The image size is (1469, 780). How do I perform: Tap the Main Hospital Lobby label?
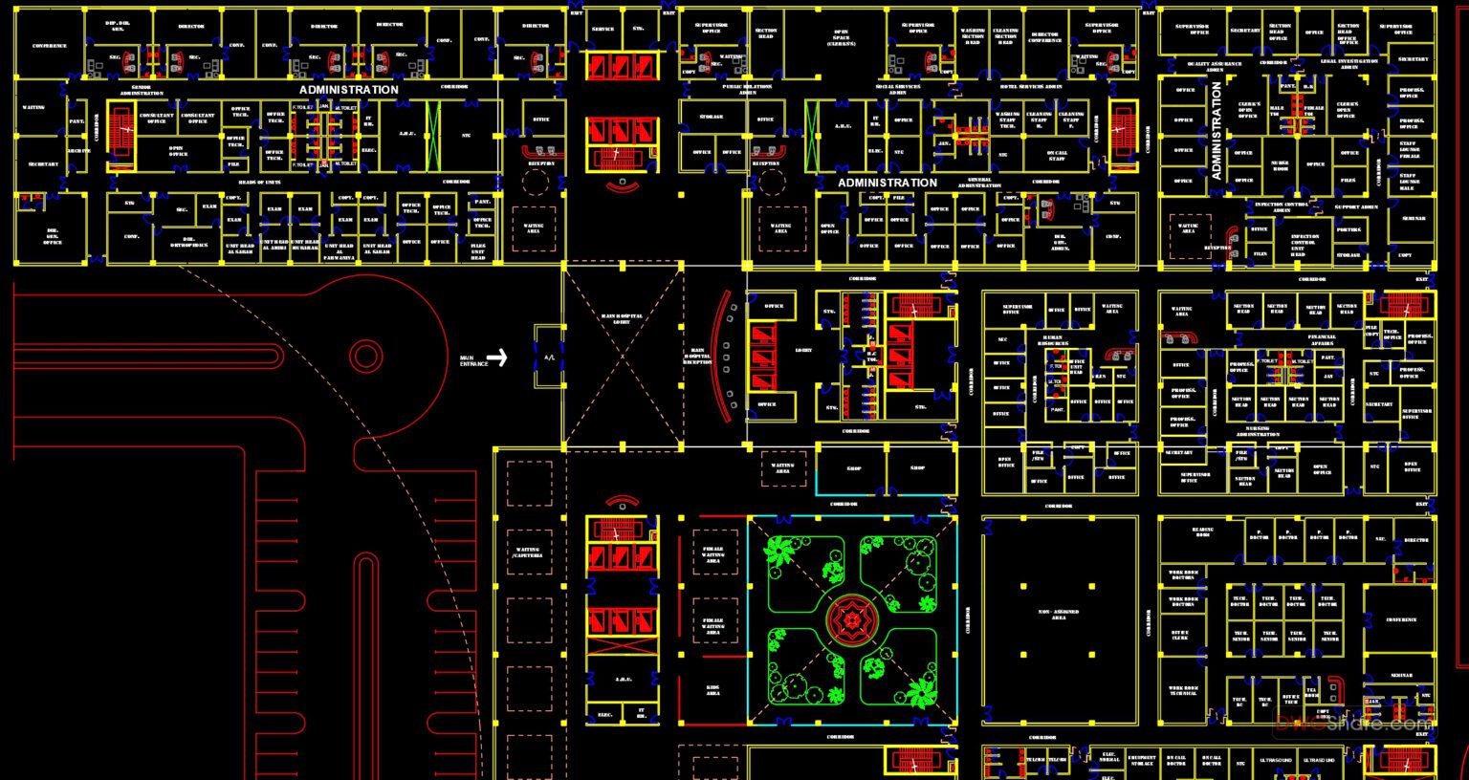click(622, 319)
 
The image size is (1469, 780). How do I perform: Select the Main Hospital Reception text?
click(697, 356)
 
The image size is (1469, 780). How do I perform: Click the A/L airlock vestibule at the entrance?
click(549, 357)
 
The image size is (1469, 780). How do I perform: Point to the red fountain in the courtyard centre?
click(850, 620)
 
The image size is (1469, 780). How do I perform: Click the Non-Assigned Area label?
click(1059, 615)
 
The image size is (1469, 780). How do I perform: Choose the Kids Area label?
click(713, 689)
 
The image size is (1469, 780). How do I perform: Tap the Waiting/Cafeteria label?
click(528, 552)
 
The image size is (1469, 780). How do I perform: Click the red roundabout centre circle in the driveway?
click(365, 357)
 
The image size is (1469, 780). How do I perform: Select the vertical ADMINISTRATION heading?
click(1217, 130)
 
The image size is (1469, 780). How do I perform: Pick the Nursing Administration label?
click(1257, 432)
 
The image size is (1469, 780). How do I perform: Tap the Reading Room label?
click(1202, 532)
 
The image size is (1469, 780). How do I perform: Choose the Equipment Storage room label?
click(1141, 761)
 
